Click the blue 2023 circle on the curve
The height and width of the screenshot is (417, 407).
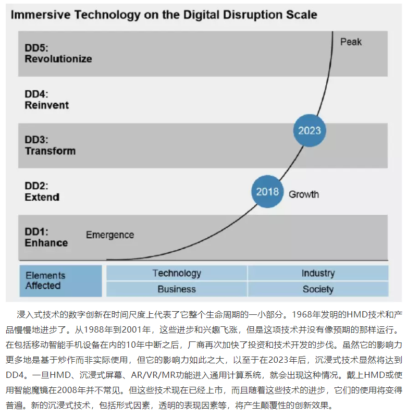pyautogui.click(x=309, y=130)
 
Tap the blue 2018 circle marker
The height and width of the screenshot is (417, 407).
pyautogui.click(x=268, y=192)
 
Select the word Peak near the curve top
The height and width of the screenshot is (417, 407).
pyautogui.click(x=351, y=42)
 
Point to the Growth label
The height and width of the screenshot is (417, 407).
pyautogui.click(x=304, y=194)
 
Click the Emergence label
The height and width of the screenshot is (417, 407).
pyautogui.click(x=110, y=235)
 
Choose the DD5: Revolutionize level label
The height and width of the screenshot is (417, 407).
pyautogui.click(x=58, y=53)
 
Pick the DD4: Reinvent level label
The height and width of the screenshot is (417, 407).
pyautogui.click(x=46, y=100)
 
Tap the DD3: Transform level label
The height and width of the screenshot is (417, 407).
pyautogui.click(x=50, y=145)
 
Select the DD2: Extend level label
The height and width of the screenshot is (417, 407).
pyautogui.click(x=42, y=191)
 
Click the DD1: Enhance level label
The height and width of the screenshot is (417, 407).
pyautogui.click(x=46, y=237)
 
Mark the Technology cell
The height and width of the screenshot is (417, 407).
pyautogui.click(x=177, y=273)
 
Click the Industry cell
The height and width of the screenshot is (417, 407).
pyautogui.click(x=318, y=273)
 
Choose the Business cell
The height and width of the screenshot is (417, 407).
pyautogui.click(x=177, y=289)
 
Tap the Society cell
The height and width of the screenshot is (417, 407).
pyautogui.click(x=318, y=289)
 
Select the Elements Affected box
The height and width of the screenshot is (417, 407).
pyautogui.click(x=60, y=280)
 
